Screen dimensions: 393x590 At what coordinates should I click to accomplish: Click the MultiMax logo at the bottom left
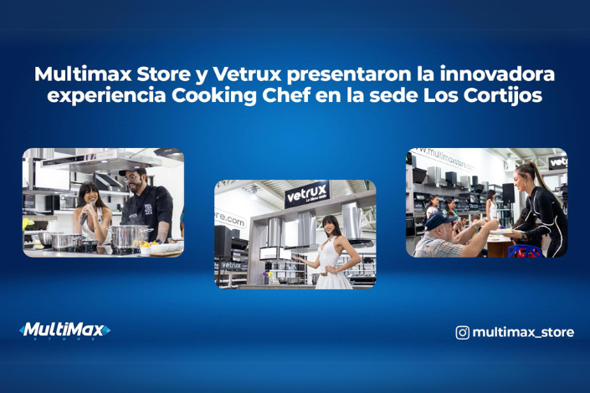64,331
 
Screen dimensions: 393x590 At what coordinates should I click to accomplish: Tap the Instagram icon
462,332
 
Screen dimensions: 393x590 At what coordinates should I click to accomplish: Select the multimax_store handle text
523,332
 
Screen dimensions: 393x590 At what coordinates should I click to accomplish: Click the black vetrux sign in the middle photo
307,195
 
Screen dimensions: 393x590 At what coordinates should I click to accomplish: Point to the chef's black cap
132,171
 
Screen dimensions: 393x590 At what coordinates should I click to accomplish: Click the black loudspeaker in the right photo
418,175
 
